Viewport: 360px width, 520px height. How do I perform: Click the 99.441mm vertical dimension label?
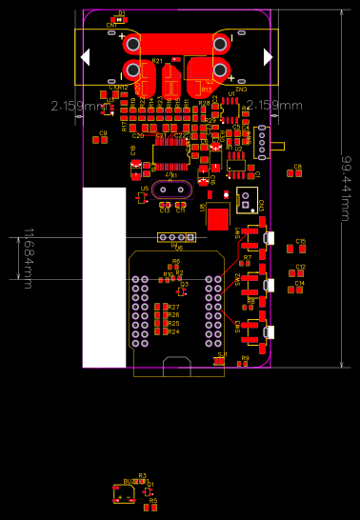[x=350, y=187]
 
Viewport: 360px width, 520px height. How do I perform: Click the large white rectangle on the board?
[x=104, y=276]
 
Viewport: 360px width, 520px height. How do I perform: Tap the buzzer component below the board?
[x=126, y=492]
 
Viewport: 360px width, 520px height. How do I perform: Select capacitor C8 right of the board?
[x=296, y=172]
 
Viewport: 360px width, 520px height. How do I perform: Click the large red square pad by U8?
[x=218, y=220]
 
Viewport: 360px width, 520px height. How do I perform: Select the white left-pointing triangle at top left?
[x=85, y=57]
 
